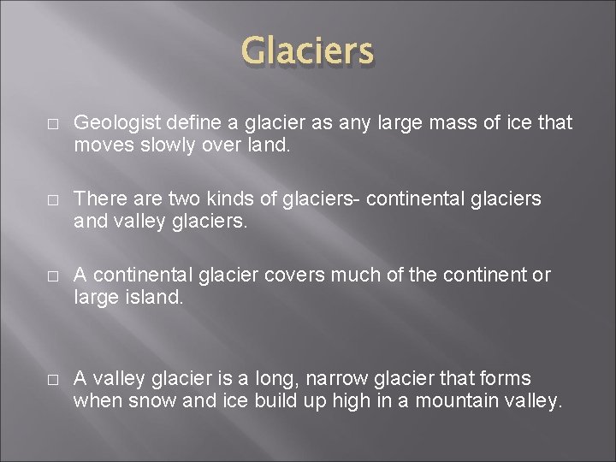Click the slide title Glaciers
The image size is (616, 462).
tap(308, 50)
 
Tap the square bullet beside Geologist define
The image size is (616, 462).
tap(53, 125)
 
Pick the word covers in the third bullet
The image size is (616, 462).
tap(281, 275)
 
